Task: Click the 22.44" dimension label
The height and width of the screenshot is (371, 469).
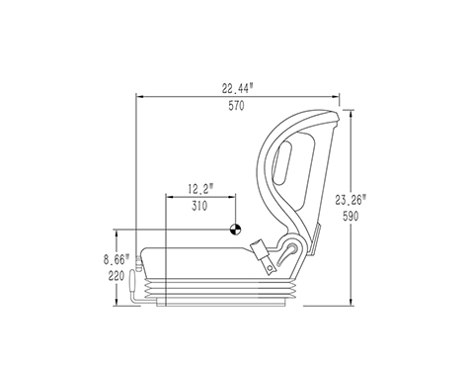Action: tap(238, 88)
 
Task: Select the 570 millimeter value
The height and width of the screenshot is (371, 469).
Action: tap(237, 106)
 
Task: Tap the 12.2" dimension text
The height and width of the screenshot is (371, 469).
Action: tap(200, 189)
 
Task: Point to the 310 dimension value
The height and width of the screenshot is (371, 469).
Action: tap(199, 206)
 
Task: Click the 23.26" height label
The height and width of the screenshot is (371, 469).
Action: tap(351, 200)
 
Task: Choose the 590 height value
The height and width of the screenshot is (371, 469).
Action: tap(351, 217)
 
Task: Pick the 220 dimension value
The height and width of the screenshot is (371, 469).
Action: tap(117, 276)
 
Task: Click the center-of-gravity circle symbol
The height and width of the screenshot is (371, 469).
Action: tap(235, 230)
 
